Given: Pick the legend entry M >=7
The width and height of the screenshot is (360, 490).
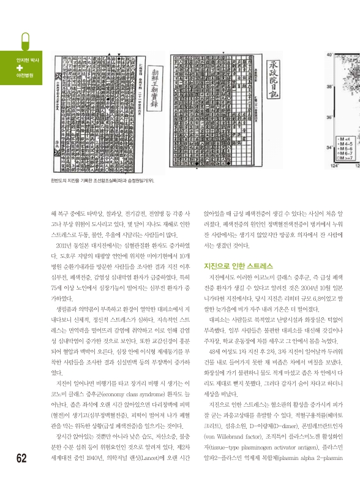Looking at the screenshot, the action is [x=345, y=159].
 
